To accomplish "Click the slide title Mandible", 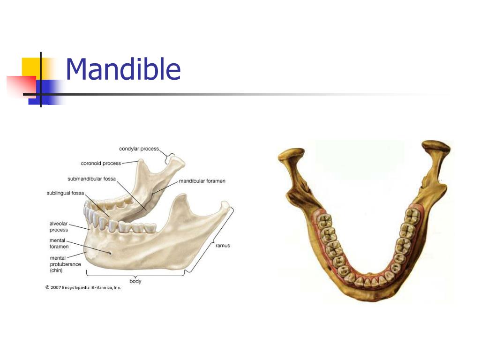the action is (123, 69).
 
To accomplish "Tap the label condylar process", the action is (139, 149).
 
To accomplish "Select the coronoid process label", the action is (101, 164).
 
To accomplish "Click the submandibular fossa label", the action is (91, 179).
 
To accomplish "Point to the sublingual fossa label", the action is (65, 193).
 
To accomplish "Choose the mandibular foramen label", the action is (202, 181).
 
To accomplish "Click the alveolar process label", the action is (59, 227).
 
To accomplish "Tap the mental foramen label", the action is (59, 243).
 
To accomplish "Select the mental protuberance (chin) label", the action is (65, 264).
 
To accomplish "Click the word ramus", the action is (223, 246).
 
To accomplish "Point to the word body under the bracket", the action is (135, 281).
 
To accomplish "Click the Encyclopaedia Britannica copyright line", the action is (83, 287).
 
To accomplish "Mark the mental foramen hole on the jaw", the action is (110, 253).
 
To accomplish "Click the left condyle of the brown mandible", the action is (291, 154).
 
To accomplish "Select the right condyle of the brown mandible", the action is (436, 147).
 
